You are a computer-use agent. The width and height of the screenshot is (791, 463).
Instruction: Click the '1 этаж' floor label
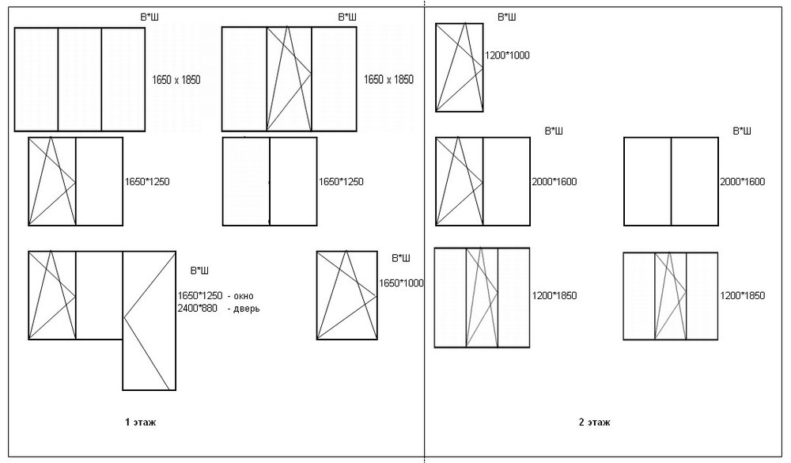tap(140, 422)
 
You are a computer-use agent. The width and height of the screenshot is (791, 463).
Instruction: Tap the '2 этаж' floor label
tap(594, 422)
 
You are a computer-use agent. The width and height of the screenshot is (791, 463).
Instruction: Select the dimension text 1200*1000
tap(507, 55)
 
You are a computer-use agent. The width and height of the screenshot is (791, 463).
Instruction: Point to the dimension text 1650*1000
tap(401, 283)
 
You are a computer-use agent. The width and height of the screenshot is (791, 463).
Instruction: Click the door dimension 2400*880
tap(197, 308)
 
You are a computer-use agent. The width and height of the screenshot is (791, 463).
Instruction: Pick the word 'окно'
tap(243, 296)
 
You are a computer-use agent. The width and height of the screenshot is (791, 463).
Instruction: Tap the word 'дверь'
tap(246, 309)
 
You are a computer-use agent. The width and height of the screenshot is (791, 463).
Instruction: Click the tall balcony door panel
tap(149, 321)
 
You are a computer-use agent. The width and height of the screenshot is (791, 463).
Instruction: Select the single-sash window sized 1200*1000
tap(459, 67)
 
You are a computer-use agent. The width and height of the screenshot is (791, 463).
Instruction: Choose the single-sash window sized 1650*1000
tap(347, 295)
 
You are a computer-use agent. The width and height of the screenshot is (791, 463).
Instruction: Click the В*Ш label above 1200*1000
tap(506, 17)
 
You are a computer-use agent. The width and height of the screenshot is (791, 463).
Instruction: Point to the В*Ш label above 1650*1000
tap(400, 258)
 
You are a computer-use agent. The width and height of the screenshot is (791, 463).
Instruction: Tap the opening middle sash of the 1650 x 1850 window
tap(289, 79)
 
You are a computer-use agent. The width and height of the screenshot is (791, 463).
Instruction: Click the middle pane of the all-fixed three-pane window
tap(80, 79)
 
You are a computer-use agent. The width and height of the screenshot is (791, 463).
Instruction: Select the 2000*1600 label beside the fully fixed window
tap(742, 182)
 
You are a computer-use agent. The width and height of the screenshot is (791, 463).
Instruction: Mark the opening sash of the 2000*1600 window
tap(459, 181)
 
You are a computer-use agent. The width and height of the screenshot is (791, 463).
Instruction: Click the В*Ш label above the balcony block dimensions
tap(199, 271)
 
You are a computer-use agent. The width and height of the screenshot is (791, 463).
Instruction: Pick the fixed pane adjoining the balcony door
tap(100, 295)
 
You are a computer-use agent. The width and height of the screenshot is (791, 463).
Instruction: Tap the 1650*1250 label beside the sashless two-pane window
tap(341, 182)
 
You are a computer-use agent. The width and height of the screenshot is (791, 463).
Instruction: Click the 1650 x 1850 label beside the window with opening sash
tap(388, 79)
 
